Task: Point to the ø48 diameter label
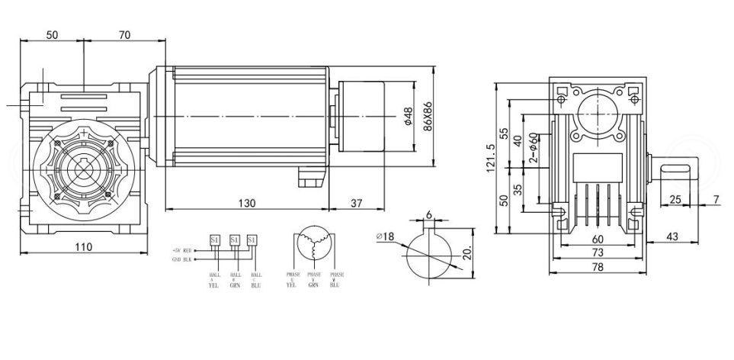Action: (x=407, y=115)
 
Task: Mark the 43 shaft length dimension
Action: (x=671, y=237)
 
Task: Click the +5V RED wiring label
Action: (x=186, y=250)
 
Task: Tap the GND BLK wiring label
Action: (x=186, y=259)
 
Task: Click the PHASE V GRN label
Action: (x=314, y=279)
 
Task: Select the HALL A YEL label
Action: (x=214, y=279)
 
